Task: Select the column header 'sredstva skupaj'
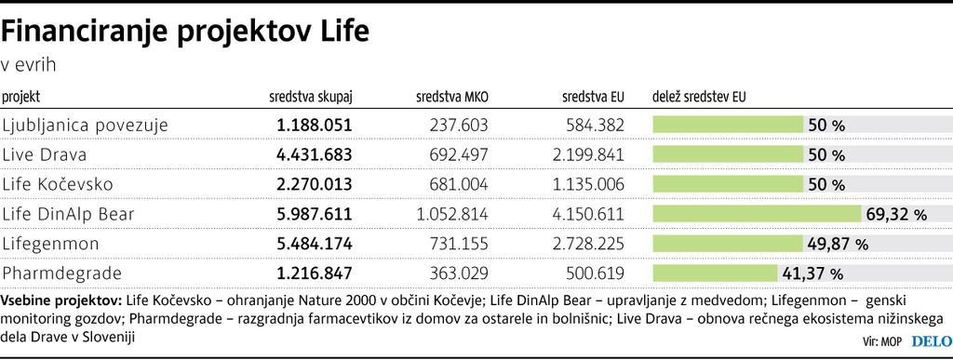click(x=311, y=96)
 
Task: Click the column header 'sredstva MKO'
click(x=451, y=96)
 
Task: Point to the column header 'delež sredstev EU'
click(x=699, y=96)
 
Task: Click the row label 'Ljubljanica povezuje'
click(x=85, y=125)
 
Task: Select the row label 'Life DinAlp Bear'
click(x=69, y=214)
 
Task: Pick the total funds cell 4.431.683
click(x=315, y=154)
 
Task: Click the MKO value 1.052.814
click(x=452, y=214)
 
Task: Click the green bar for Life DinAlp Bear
click(x=758, y=214)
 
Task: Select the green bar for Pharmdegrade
click(x=715, y=273)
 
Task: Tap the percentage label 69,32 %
click(x=896, y=215)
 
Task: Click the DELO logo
click(x=925, y=340)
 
